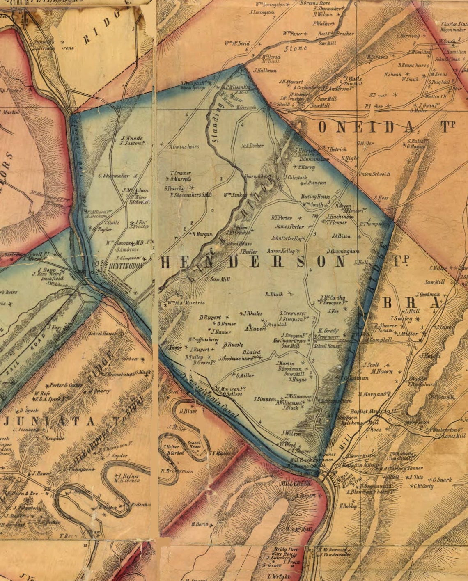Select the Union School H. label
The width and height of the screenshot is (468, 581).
pyautogui.click(x=374, y=174)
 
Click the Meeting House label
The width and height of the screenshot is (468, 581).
pyautogui.click(x=315, y=197)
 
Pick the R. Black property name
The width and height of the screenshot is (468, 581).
pyautogui.click(x=274, y=294)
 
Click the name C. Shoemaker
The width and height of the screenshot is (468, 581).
pyautogui.click(x=114, y=176)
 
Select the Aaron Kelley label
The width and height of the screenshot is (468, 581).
pyautogui.click(x=281, y=251)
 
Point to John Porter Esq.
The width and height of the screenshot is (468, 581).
pyautogui.click(x=287, y=238)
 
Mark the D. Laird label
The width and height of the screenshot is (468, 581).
pyautogui.click(x=251, y=352)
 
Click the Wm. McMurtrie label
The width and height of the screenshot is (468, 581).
pyautogui.click(x=186, y=303)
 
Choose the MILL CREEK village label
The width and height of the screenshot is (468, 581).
pyautogui.click(x=296, y=484)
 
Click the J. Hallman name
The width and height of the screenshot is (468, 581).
pyautogui.click(x=265, y=71)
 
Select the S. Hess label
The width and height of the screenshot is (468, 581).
pyautogui.click(x=381, y=198)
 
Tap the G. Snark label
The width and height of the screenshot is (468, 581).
pyautogui.click(x=442, y=480)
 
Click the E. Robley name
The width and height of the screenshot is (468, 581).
pyautogui.click(x=348, y=506)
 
